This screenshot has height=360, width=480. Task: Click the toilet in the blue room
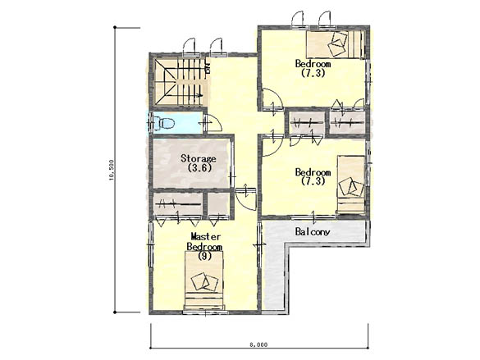coord(164,123)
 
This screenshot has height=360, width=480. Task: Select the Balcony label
coord(313,232)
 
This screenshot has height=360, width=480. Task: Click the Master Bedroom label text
coord(204,241)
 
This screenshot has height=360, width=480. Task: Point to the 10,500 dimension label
coord(112,170)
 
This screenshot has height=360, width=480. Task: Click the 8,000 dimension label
coord(258,344)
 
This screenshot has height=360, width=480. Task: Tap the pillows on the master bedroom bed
coord(204,282)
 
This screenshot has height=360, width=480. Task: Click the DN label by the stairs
coord(208,69)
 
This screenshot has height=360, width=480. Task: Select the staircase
coord(179,82)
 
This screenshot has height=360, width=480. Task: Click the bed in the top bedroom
coord(336,44)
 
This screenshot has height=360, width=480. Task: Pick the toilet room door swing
coord(213,123)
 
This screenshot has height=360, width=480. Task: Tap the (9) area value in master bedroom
coord(204,256)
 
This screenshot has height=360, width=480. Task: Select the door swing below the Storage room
coord(246,198)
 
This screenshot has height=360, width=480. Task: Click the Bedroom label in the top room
coord(313,64)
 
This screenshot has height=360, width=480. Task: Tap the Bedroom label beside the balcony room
coord(313,172)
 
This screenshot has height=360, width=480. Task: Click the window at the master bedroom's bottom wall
coord(205,312)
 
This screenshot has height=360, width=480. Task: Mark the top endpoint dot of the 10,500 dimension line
coord(115,28)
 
